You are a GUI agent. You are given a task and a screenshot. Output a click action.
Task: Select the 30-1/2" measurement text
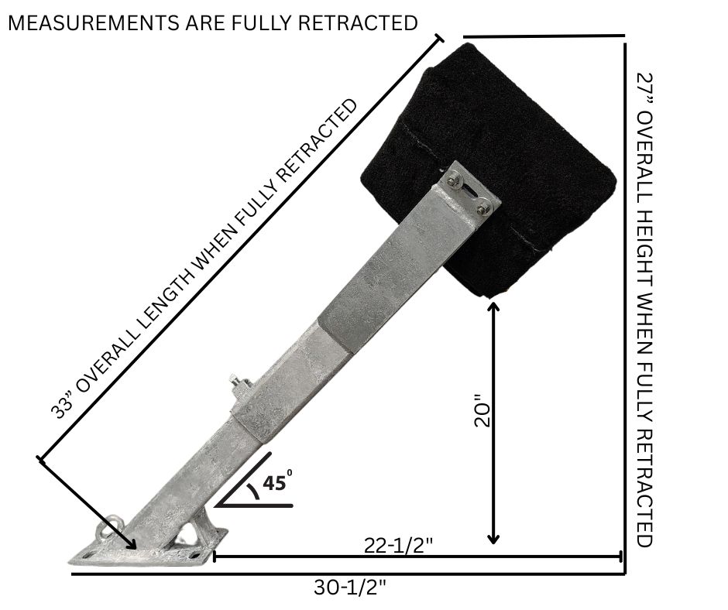(x=350, y=588)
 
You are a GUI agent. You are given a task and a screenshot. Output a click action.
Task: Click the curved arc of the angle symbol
(x=253, y=491)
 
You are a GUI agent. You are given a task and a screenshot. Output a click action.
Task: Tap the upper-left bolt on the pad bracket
(x=454, y=181)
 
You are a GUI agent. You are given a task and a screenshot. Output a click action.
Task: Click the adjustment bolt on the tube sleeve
(x=233, y=383)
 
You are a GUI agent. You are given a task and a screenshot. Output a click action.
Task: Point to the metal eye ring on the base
(x=103, y=533)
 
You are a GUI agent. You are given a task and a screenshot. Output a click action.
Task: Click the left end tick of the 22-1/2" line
(x=213, y=556)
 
